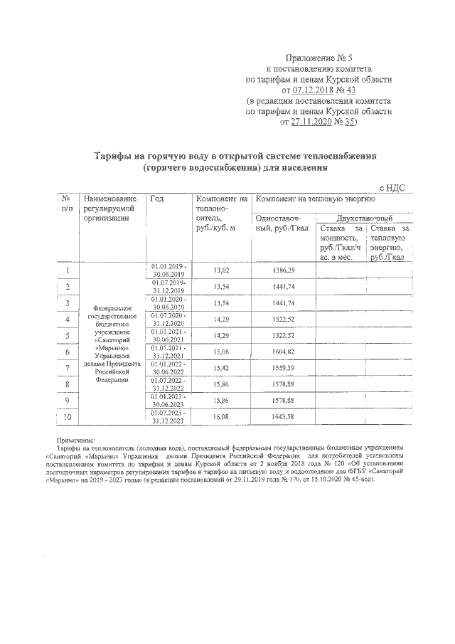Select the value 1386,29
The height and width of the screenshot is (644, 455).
(x=283, y=270)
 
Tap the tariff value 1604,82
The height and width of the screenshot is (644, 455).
(x=283, y=352)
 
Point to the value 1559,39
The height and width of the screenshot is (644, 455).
(x=283, y=368)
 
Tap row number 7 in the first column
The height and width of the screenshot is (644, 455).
(x=67, y=368)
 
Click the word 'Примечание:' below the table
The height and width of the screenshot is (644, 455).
(x=78, y=441)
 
